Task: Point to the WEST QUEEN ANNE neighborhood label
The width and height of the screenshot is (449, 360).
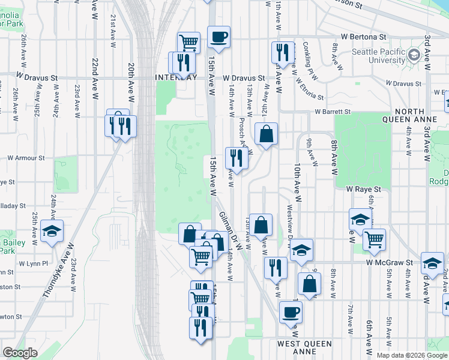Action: pos(305,344)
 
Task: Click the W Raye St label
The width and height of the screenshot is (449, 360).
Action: pos(364,189)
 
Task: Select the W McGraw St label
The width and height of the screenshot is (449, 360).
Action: pos(390,263)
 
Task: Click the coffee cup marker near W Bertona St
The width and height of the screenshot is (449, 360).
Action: pos(219,37)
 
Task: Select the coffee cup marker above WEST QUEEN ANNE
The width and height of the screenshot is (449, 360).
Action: pos(291,312)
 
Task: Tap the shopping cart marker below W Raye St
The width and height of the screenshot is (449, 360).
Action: pos(375,239)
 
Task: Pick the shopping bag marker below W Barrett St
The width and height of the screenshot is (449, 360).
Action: pos(266,134)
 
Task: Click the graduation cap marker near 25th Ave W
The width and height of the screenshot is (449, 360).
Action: pos(52,230)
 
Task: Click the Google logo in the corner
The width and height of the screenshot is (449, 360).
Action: pos(20,352)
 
